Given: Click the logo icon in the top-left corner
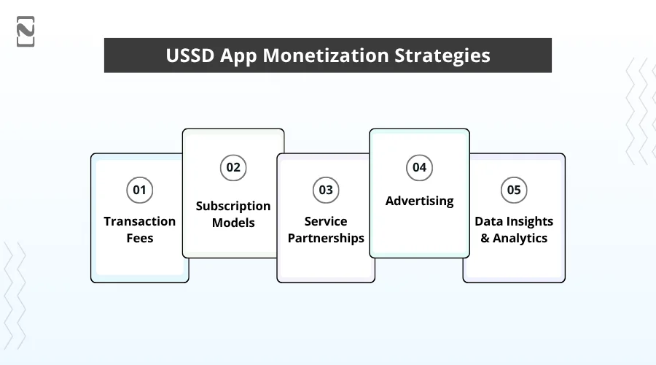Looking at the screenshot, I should click(26, 31).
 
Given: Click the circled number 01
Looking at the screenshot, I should click(139, 191).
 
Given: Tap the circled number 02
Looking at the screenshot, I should click(233, 167).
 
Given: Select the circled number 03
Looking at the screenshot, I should click(325, 191).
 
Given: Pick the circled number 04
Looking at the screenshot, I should click(419, 167).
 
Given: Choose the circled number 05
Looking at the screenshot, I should click(514, 191).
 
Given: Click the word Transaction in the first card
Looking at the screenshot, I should click(139, 221).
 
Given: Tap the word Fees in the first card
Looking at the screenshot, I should click(139, 238).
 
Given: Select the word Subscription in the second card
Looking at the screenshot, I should click(233, 206).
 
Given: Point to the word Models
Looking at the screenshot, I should click(233, 223).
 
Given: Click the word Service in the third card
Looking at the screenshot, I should click(326, 221).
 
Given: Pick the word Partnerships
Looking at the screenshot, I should click(326, 238).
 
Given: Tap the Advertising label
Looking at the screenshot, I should click(419, 201).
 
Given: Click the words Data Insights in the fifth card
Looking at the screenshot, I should click(514, 221).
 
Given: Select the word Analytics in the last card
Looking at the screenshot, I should click(520, 238).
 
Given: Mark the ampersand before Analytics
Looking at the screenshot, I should click(485, 238).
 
